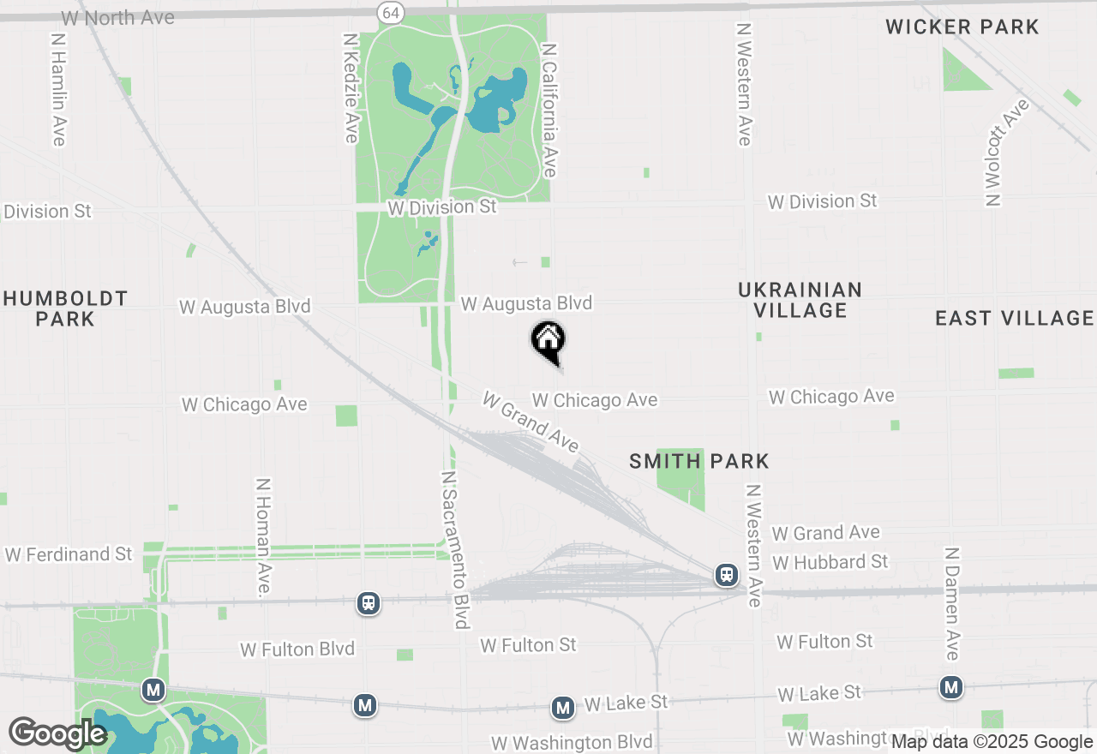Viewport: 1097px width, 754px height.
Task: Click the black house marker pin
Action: click(x=548, y=341)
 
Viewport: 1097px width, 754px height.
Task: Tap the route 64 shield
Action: click(x=391, y=12)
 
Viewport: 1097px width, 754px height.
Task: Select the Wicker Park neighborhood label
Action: click(x=962, y=27)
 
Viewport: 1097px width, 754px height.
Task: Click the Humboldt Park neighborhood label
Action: click(x=65, y=308)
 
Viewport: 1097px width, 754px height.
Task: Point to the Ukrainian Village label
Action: click(x=800, y=300)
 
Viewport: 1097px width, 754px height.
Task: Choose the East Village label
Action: click(x=1014, y=319)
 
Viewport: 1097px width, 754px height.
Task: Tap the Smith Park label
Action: click(x=699, y=461)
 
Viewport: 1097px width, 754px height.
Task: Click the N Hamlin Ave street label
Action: click(x=58, y=89)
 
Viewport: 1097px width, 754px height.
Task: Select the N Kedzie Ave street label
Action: click(x=350, y=88)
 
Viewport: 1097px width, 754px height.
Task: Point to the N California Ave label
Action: click(x=549, y=111)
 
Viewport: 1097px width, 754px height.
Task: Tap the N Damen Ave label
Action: click(x=951, y=604)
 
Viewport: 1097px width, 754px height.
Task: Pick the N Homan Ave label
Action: click(x=263, y=536)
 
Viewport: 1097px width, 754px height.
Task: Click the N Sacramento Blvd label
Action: click(x=455, y=548)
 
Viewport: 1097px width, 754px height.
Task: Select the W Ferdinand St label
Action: click(x=69, y=554)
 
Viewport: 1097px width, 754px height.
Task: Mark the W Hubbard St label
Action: click(x=830, y=562)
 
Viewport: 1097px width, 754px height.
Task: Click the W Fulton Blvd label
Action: click(x=297, y=649)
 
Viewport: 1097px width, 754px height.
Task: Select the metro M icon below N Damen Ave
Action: click(x=950, y=686)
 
